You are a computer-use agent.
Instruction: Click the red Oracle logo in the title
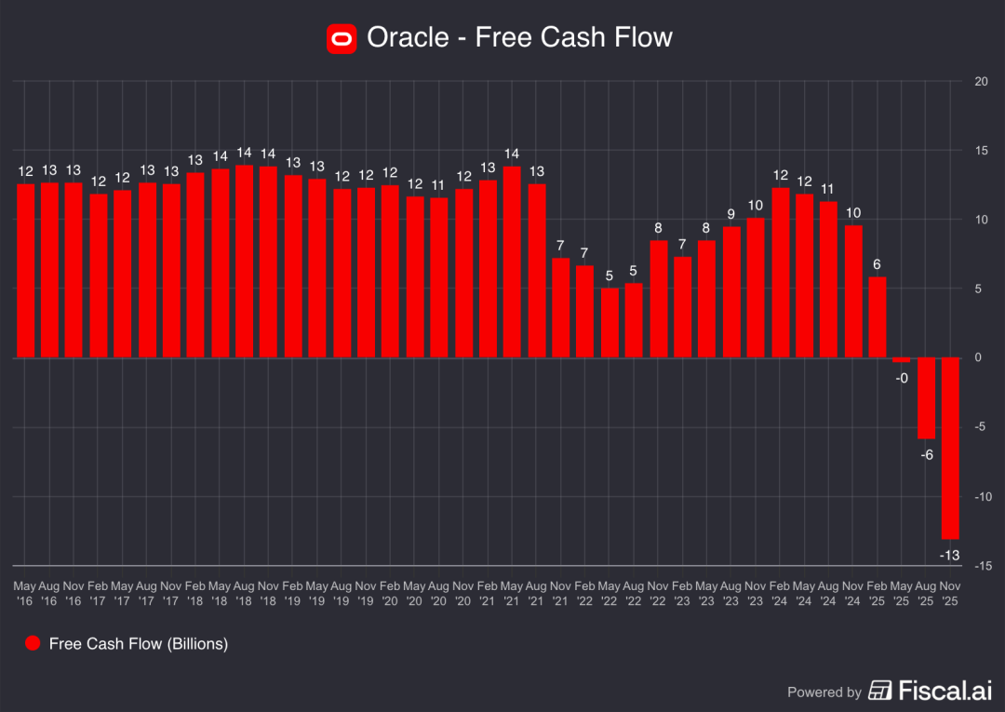pyautogui.click(x=342, y=38)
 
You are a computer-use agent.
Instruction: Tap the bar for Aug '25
pyautogui.click(x=926, y=397)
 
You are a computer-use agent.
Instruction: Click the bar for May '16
pyautogui.click(x=25, y=270)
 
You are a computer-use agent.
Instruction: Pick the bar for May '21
pyautogui.click(x=512, y=262)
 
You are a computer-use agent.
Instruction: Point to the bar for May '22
pyautogui.click(x=610, y=322)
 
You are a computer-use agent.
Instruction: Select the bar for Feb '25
pyautogui.click(x=877, y=316)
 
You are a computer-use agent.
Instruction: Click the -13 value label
pyautogui.click(x=950, y=555)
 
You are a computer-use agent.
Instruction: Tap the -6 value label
pyautogui.click(x=926, y=455)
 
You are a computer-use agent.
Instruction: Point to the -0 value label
pyautogui.click(x=902, y=378)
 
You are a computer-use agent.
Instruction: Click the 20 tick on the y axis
pyautogui.click(x=981, y=81)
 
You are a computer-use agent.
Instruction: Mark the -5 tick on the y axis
pyautogui.click(x=981, y=427)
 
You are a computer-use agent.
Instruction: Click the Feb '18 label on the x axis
pyautogui.click(x=195, y=594)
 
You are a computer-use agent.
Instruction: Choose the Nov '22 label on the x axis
pyautogui.click(x=658, y=594)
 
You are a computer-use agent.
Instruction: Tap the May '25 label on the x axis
pyautogui.click(x=902, y=594)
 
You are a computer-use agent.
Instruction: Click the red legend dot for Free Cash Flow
pyautogui.click(x=33, y=643)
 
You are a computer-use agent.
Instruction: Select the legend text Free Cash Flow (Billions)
pyautogui.click(x=139, y=643)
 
